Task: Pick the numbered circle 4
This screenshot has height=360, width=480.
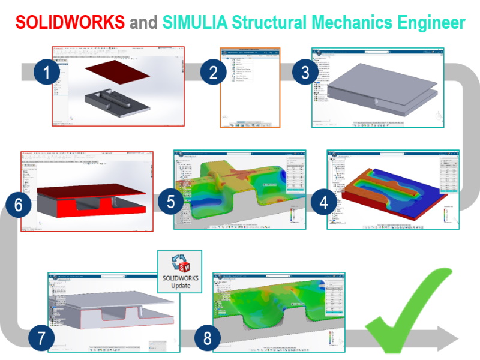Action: (324, 202)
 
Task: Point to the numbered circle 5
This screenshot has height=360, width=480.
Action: (171, 202)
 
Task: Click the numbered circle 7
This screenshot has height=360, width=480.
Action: (41, 338)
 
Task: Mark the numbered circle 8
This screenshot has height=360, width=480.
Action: (207, 339)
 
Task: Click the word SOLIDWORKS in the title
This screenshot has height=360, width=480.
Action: (70, 23)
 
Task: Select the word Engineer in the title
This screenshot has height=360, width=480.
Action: (427, 23)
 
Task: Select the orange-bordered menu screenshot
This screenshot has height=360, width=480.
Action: (250, 88)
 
